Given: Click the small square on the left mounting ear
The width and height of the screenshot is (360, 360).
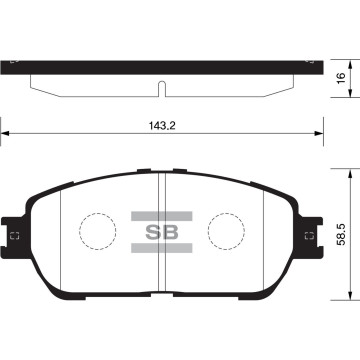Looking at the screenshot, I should click(14, 236).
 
